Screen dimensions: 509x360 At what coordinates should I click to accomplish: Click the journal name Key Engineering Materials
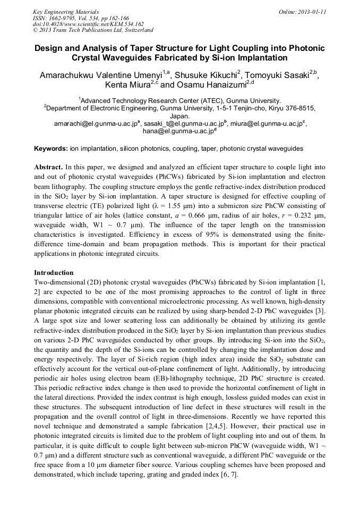[x=66, y=12]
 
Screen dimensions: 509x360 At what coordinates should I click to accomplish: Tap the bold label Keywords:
[x=50, y=149]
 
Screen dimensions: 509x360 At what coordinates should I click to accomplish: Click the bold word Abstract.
[x=49, y=167]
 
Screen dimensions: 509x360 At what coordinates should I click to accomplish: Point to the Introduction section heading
[x=54, y=273]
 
